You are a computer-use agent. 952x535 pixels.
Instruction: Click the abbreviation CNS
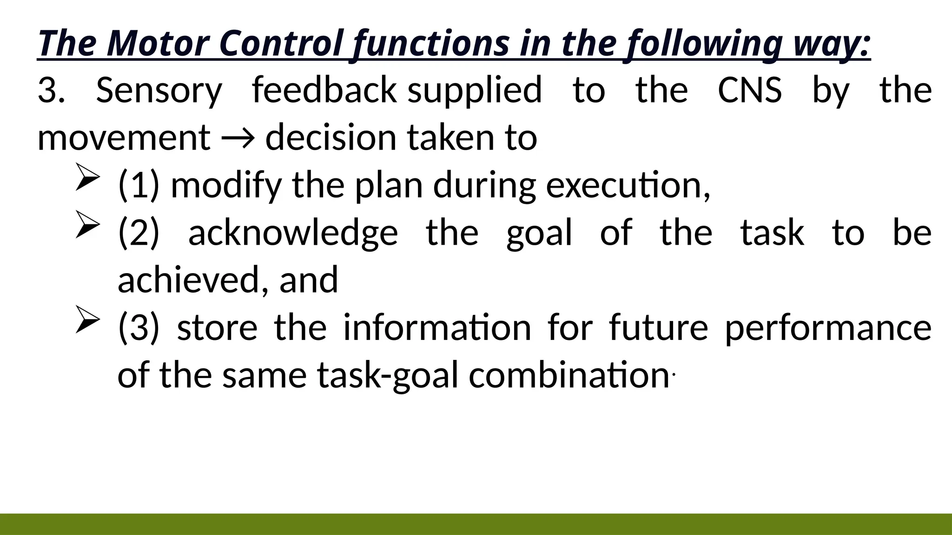(749, 90)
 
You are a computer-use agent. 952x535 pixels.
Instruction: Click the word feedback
(324, 90)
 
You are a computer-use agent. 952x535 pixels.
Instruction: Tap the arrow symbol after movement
(238, 138)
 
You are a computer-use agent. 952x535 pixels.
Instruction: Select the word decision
(330, 138)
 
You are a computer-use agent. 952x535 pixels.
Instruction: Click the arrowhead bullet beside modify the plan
(87, 177)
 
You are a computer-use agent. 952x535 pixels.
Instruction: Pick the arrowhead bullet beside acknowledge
(87, 225)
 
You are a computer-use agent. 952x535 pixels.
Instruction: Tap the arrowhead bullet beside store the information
(87, 320)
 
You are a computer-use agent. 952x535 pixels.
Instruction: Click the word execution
(628, 185)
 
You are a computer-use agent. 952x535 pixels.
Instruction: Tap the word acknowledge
(293, 233)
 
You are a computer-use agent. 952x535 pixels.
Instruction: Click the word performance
(828, 328)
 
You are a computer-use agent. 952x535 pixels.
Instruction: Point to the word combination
(569, 375)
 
